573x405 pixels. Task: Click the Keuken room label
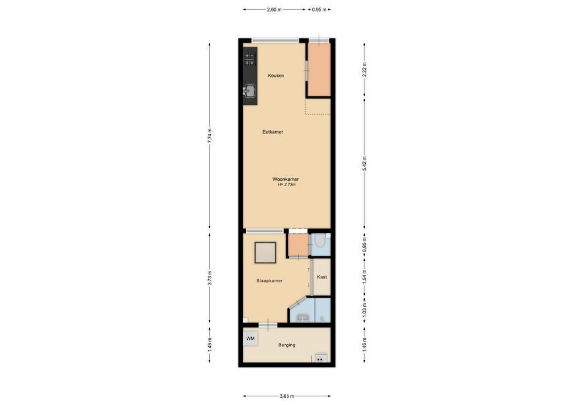[x=276, y=76]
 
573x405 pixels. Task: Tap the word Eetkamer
[x=273, y=132]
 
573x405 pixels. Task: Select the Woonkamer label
[x=286, y=179]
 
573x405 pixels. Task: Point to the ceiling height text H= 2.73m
[x=286, y=185]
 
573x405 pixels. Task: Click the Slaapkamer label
[x=270, y=281]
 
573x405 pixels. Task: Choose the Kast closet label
[x=322, y=277]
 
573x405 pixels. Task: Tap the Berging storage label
[x=287, y=345]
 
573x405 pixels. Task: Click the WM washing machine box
[x=250, y=338]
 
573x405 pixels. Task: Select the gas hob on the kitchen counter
[x=249, y=60]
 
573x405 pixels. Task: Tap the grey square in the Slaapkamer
[x=265, y=253]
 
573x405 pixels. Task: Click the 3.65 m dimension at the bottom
[x=287, y=396]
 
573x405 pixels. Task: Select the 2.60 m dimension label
[x=275, y=9]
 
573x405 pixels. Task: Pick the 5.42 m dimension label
[x=364, y=163]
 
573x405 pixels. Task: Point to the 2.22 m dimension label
[x=364, y=68]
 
